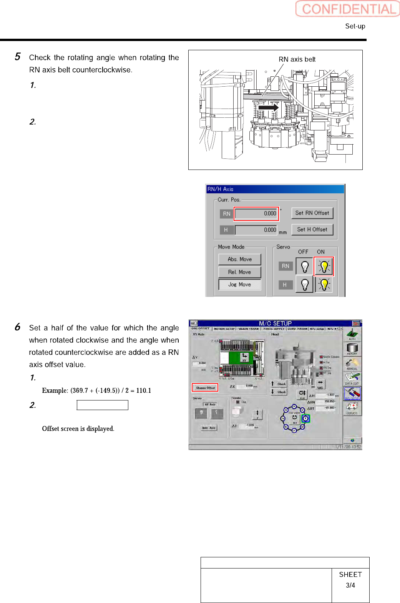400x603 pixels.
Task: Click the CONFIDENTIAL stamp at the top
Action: (x=348, y=9)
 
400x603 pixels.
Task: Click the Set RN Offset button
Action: (x=312, y=213)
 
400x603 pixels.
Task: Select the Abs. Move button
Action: (x=239, y=259)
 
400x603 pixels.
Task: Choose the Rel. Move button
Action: (x=239, y=272)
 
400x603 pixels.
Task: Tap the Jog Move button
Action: (x=239, y=285)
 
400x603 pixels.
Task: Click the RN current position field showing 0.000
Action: (x=256, y=214)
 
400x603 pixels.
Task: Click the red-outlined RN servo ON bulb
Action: (x=324, y=266)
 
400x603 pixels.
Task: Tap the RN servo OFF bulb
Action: (x=305, y=266)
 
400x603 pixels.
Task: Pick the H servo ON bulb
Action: (x=324, y=285)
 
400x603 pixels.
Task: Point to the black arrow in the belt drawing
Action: (x=268, y=108)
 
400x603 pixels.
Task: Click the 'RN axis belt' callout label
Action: (x=297, y=59)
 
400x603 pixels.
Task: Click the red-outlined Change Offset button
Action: (x=205, y=388)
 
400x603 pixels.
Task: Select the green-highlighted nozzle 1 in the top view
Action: (x=305, y=418)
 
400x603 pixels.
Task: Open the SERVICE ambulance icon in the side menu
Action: (x=352, y=408)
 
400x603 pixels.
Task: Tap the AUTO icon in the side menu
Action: (x=352, y=334)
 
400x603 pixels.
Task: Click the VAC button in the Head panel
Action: (x=320, y=384)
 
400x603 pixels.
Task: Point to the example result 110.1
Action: (x=144, y=390)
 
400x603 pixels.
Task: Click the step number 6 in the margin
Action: (x=18, y=327)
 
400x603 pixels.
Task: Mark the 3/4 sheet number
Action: (x=350, y=585)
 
